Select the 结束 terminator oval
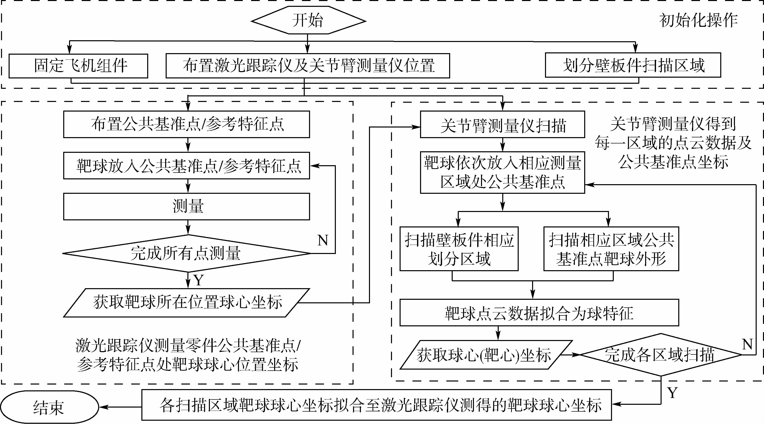click(49, 407)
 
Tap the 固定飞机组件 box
click(78, 66)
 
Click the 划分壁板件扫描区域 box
click(633, 65)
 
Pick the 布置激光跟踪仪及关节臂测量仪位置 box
click(308, 66)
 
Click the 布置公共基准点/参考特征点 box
click(187, 124)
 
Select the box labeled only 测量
click(187, 206)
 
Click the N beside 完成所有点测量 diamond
click(323, 240)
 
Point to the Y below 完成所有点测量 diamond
click(199, 280)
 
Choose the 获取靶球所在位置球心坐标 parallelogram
click(187, 303)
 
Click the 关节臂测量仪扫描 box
click(503, 125)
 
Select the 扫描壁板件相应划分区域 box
click(459, 249)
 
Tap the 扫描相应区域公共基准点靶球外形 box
click(611, 249)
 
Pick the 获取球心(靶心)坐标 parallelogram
click(485, 355)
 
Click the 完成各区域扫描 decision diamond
click(661, 355)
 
